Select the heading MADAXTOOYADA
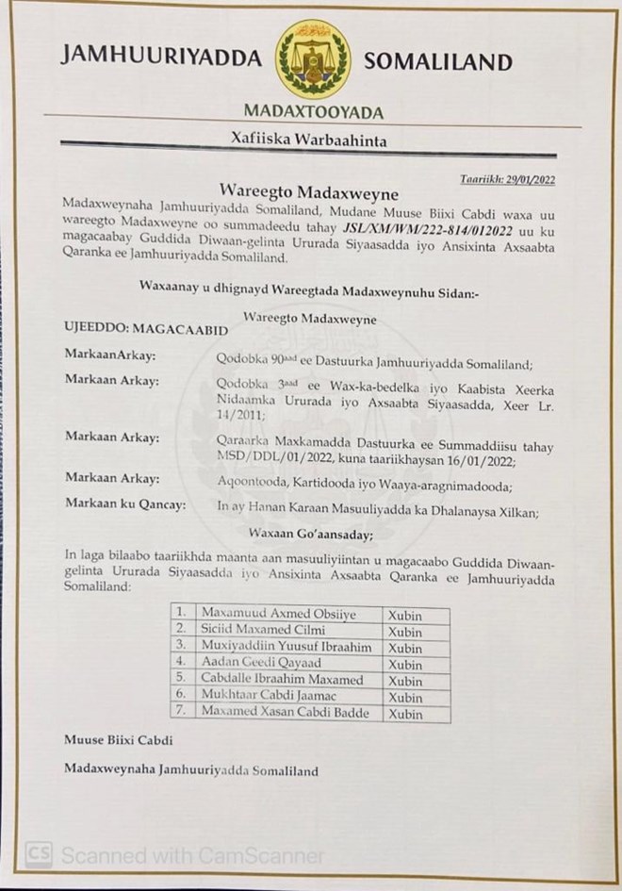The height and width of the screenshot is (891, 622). (314, 112)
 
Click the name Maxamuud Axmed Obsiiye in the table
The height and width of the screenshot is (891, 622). (272, 615)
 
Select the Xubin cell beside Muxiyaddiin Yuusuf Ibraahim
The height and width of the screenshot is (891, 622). (406, 649)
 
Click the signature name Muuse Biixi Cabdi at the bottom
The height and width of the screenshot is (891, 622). (119, 740)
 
